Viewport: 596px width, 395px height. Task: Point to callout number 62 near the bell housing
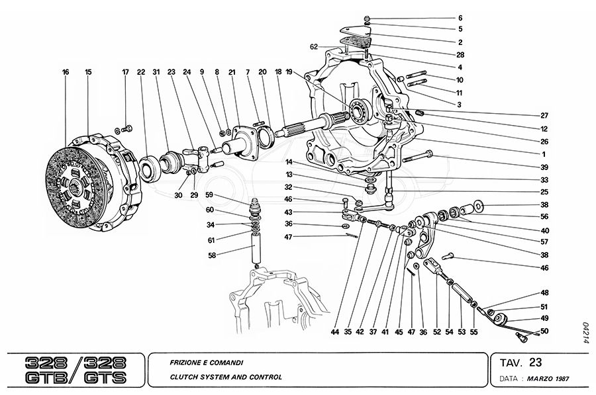(314, 47)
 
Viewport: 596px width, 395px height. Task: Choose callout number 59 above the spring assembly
(209, 195)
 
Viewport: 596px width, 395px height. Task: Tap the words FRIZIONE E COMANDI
(197, 363)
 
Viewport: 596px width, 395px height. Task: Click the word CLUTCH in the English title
(177, 377)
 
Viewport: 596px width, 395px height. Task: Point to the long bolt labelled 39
(416, 157)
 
